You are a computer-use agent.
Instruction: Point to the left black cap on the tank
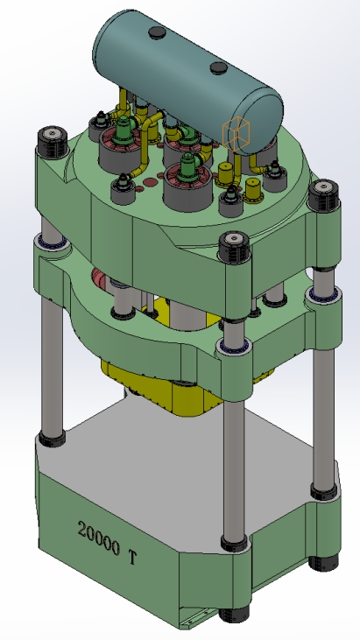click(x=158, y=33)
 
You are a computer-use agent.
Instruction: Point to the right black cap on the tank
click(x=215, y=67)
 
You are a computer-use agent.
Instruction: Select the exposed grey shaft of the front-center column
click(x=234, y=455)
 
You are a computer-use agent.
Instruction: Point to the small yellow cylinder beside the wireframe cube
click(x=254, y=188)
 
